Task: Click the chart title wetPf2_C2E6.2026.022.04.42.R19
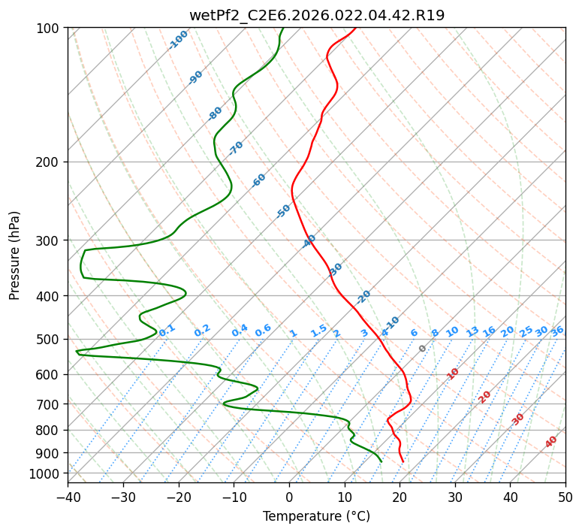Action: coord(316,14)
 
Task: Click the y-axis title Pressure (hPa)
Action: coord(14,255)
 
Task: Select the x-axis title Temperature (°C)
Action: coord(316,517)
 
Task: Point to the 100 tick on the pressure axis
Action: coord(50,29)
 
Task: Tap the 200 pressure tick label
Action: coord(50,162)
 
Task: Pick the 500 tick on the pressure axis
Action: coord(50,340)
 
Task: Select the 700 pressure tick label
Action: coord(50,404)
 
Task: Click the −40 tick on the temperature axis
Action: coord(68,497)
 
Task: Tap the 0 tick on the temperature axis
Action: coord(290,497)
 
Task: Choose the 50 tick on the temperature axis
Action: coord(565,497)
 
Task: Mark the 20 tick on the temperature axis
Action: coord(400,497)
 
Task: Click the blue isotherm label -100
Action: coord(179,40)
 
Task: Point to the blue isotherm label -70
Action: coord(236,148)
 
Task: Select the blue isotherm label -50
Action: coord(283,211)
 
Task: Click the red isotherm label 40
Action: coord(551,442)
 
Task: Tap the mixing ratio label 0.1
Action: coord(167,330)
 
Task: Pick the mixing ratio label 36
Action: coord(557,331)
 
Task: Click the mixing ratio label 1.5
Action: coord(318,330)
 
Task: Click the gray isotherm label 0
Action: coord(423,349)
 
